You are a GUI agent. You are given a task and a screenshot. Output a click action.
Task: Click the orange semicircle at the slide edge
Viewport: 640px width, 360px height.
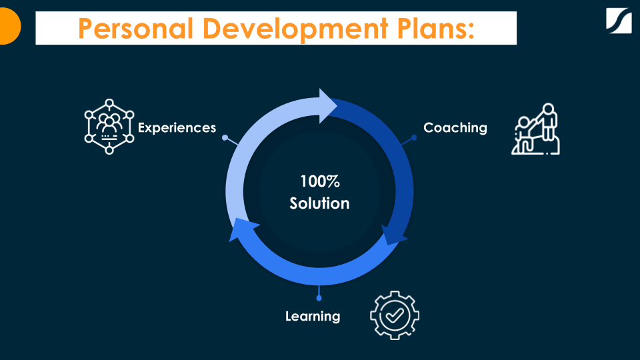pyautogui.click(x=9, y=27)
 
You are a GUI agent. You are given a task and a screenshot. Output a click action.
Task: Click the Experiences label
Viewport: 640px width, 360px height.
pyautogui.click(x=177, y=127)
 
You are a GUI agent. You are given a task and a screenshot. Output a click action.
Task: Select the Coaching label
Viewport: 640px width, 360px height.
pyautogui.click(x=455, y=127)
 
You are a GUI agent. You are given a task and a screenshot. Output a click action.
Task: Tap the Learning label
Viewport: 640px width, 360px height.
pyautogui.click(x=313, y=316)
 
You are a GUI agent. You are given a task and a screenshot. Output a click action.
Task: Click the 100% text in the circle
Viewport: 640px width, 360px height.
pyautogui.click(x=319, y=181)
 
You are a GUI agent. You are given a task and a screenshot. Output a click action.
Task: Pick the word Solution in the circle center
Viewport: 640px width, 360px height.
pyautogui.click(x=319, y=203)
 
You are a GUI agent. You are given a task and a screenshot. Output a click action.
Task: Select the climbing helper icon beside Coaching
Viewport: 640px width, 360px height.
pyautogui.click(x=535, y=129)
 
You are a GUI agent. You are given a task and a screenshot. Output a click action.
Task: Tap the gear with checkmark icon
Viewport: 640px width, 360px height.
pyautogui.click(x=395, y=315)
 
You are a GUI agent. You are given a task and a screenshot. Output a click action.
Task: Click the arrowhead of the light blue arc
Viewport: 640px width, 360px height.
pyautogui.click(x=329, y=105)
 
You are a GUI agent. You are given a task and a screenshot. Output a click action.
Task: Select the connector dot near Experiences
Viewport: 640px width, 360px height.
pyautogui.click(x=225, y=138)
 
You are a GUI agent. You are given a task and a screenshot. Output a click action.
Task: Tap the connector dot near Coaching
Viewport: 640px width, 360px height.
pyautogui.click(x=414, y=138)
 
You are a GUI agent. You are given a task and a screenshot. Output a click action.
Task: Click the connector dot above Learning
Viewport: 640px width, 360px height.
pyautogui.click(x=319, y=298)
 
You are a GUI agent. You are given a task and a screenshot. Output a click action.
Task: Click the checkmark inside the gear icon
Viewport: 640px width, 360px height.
pyautogui.click(x=395, y=314)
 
